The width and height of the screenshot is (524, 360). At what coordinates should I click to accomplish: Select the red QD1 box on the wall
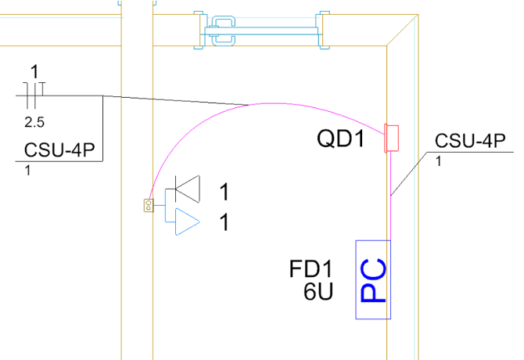[x=392, y=139]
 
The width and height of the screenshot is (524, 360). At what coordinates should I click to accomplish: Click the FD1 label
[x=306, y=270]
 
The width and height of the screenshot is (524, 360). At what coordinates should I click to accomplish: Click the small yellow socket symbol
[x=148, y=206]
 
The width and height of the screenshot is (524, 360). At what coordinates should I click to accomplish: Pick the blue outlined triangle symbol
[x=186, y=221]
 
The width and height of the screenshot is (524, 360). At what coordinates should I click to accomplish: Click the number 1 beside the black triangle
[x=224, y=192]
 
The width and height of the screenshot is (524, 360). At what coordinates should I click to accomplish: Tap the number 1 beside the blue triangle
[x=224, y=223]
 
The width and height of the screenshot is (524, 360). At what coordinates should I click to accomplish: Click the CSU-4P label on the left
[x=65, y=150]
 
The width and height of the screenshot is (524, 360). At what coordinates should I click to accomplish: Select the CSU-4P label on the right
[x=470, y=142]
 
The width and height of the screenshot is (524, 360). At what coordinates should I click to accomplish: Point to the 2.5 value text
[x=34, y=123]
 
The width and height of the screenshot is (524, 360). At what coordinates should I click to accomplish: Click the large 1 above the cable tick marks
[x=34, y=72]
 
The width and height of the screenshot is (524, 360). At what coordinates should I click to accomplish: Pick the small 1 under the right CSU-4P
[x=438, y=162]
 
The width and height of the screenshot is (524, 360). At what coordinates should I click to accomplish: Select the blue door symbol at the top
[x=260, y=31]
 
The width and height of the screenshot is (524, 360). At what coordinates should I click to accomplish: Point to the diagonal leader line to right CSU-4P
[x=407, y=175]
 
